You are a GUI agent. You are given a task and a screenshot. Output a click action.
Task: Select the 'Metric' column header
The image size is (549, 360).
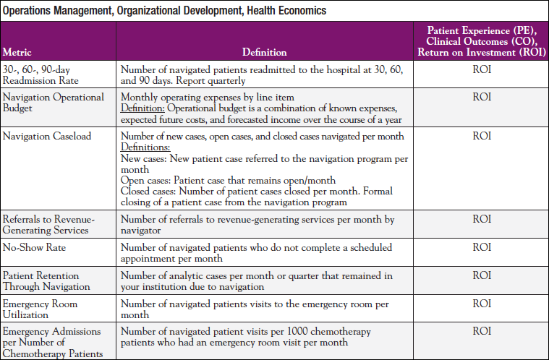(x=17, y=52)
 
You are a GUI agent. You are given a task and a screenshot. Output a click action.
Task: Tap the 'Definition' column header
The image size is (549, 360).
(x=265, y=52)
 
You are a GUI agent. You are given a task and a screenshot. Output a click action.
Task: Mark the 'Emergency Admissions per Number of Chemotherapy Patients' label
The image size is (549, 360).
(x=51, y=341)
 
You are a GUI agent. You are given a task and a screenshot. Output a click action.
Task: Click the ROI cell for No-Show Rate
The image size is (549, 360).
(x=481, y=247)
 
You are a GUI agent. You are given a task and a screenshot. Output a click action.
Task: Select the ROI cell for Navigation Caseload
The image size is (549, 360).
(x=481, y=136)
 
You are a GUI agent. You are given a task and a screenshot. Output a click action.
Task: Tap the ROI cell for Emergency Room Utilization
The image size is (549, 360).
(x=481, y=304)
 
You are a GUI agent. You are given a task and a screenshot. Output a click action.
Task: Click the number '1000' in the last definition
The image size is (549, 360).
(x=284, y=331)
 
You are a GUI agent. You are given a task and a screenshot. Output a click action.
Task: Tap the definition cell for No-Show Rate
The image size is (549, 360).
(x=265, y=252)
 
